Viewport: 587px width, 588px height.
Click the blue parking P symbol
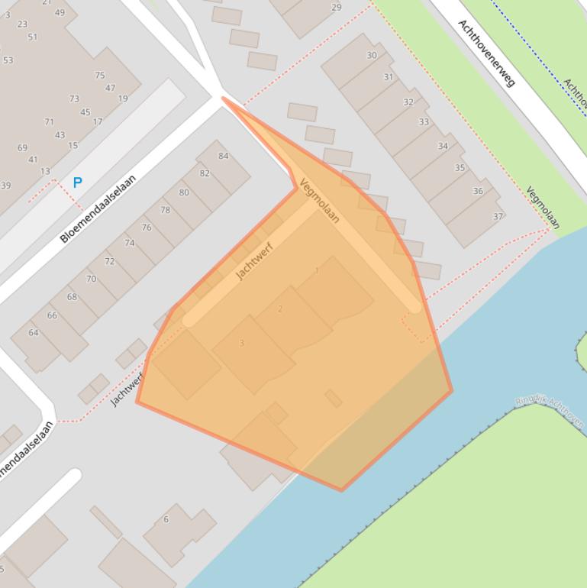click(x=77, y=183)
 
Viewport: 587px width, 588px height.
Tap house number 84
click(x=223, y=157)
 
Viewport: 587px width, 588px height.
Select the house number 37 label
click(x=498, y=217)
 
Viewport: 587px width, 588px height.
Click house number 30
click(x=372, y=56)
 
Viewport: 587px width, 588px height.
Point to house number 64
click(x=34, y=333)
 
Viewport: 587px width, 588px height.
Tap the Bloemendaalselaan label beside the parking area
click(x=98, y=208)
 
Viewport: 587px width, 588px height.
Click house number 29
click(x=336, y=8)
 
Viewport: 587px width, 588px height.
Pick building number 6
click(x=166, y=520)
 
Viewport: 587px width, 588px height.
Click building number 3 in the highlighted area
click(x=242, y=344)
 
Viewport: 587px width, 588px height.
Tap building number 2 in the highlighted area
click(x=280, y=309)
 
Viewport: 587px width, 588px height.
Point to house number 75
click(x=100, y=76)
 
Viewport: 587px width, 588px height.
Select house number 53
click(x=8, y=60)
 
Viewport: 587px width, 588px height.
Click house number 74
click(x=129, y=244)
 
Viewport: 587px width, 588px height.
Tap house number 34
click(x=443, y=147)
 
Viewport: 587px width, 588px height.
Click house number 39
click(x=6, y=186)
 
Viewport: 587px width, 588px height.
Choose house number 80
click(x=184, y=192)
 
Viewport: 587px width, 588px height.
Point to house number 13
click(x=45, y=172)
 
